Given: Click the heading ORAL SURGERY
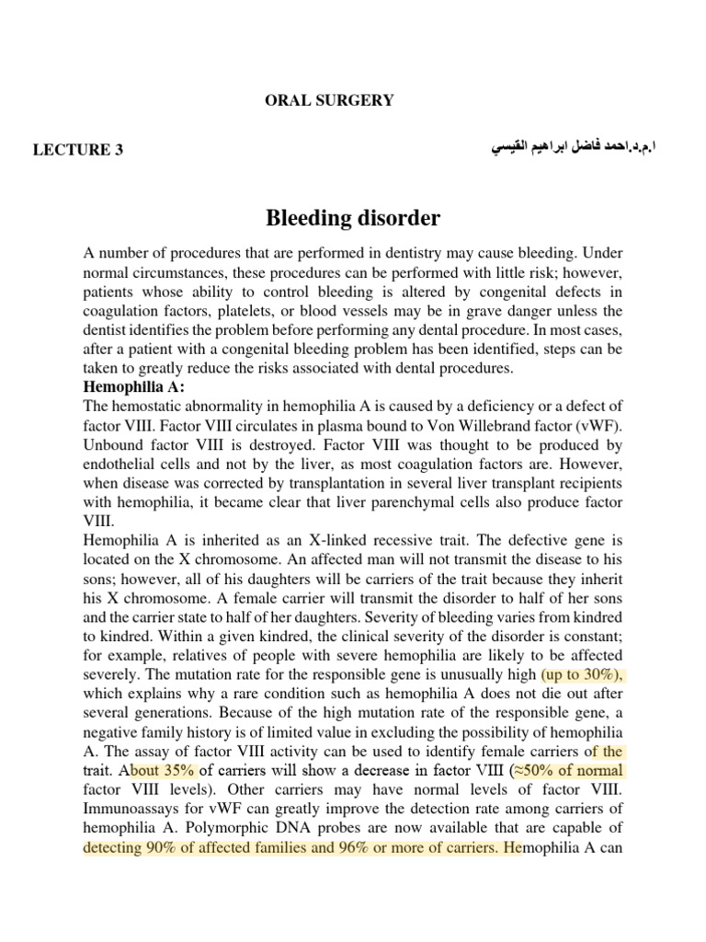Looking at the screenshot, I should click(x=329, y=101).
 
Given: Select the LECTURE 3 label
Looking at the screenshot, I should click(x=78, y=151).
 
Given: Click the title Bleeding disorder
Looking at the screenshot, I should click(x=353, y=219).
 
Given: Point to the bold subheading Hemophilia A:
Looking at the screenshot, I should click(x=133, y=387).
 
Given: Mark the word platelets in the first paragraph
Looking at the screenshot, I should click(x=251, y=310).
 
